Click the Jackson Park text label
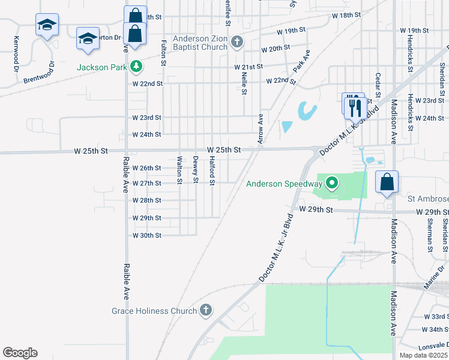point(101,67)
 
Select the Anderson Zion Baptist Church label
point(200,43)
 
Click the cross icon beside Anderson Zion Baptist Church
point(238,41)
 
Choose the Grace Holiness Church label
point(154,311)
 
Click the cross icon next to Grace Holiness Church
point(206,310)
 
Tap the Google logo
point(20,353)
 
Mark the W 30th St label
point(147,235)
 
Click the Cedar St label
point(378,85)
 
